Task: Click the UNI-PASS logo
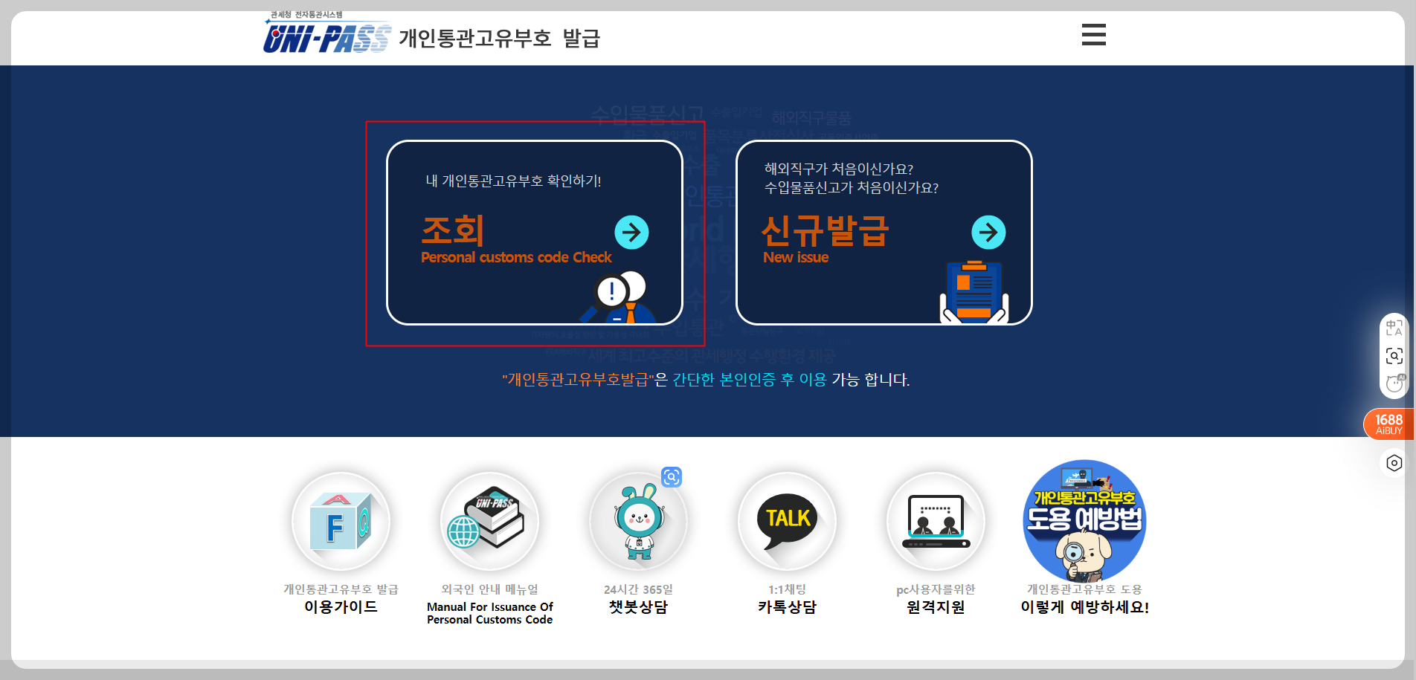click(x=326, y=36)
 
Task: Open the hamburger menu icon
click(x=1093, y=35)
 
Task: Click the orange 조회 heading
click(x=453, y=230)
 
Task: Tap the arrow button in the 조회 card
click(x=631, y=233)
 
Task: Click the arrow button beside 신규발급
click(x=988, y=233)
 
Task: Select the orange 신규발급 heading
click(x=825, y=230)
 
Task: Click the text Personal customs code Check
click(x=516, y=257)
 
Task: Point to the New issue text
click(x=796, y=257)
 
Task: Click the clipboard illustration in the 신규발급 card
click(x=974, y=291)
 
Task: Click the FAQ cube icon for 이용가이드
click(x=341, y=521)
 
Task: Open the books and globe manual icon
click(x=489, y=521)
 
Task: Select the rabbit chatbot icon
click(x=638, y=521)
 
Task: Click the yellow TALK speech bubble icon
click(x=787, y=521)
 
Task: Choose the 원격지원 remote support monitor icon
click(x=936, y=521)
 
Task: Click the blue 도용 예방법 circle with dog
click(x=1084, y=520)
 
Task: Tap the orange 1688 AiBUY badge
click(x=1388, y=424)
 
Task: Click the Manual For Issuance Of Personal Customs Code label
click(x=489, y=613)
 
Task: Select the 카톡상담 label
click(x=787, y=607)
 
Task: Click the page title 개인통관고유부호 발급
click(x=499, y=38)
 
